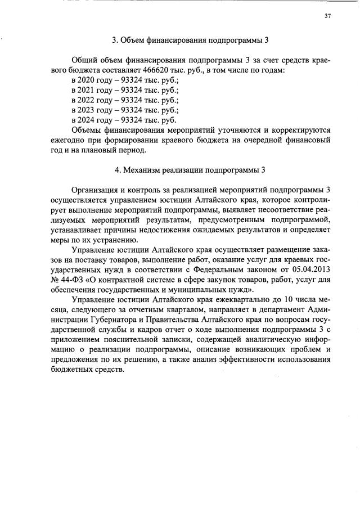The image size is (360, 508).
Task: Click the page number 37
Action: pos(327,16)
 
